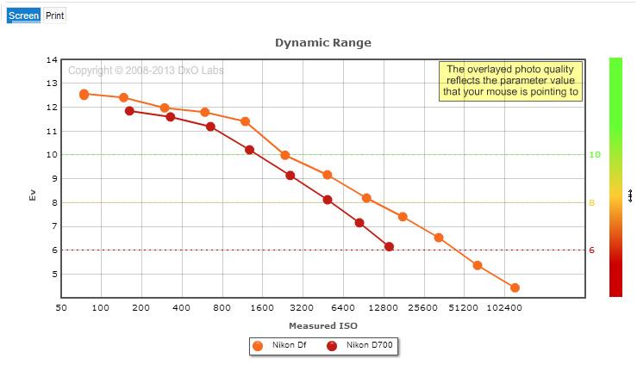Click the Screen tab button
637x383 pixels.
tap(23, 15)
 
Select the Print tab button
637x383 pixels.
tap(54, 15)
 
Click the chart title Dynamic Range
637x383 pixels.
tap(323, 42)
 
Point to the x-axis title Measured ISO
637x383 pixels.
tap(323, 325)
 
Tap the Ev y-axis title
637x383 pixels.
tap(33, 195)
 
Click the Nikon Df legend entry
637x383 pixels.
tap(279, 346)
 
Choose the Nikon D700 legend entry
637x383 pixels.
tap(360, 346)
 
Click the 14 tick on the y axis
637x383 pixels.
tap(52, 60)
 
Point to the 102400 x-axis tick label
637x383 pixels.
tap(504, 308)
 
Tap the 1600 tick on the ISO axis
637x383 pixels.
tap(262, 308)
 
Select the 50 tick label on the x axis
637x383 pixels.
tap(61, 308)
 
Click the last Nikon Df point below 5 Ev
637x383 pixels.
tap(515, 287)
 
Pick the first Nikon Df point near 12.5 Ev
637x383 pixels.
tap(84, 95)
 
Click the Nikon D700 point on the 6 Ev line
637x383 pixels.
tap(389, 247)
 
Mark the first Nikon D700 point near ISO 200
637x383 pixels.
tap(129, 111)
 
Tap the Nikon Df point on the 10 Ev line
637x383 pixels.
tap(285, 155)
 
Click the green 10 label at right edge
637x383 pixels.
tap(595, 155)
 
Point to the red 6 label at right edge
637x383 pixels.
tap(591, 250)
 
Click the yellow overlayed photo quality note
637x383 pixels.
tap(510, 81)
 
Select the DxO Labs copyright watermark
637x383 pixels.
tap(146, 71)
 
